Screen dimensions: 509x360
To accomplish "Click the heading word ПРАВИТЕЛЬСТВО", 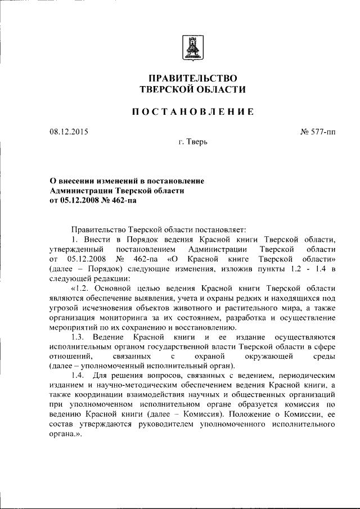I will (192, 78).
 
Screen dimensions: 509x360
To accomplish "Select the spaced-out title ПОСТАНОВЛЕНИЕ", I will (192, 112).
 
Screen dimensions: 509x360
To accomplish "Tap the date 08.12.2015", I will (69, 132).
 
